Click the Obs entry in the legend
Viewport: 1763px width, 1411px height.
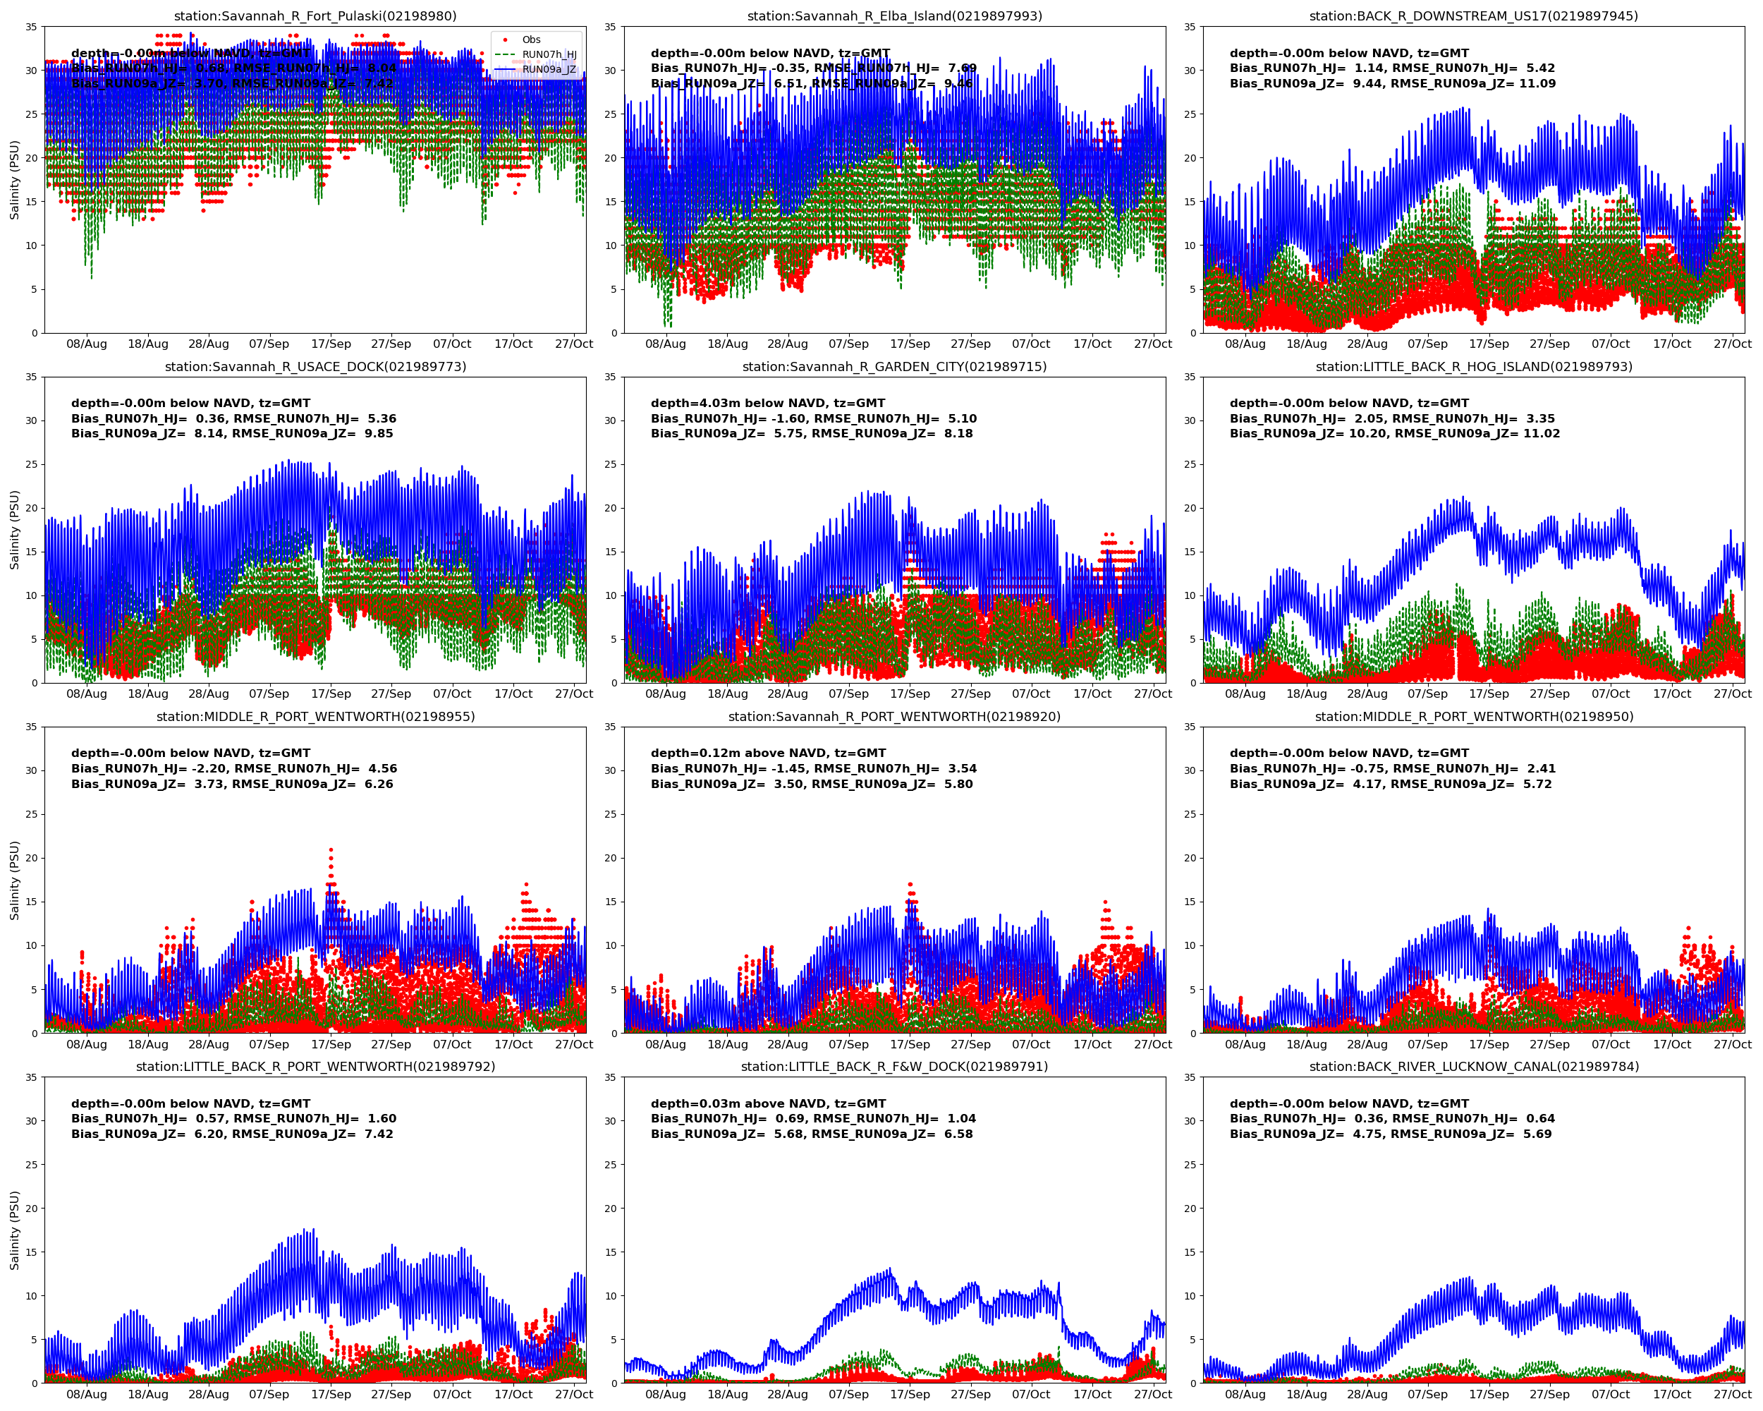[531, 40]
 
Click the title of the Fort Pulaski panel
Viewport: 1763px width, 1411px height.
[315, 16]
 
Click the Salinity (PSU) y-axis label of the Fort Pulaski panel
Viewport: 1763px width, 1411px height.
[14, 180]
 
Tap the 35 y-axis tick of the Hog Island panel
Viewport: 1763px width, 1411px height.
[1190, 377]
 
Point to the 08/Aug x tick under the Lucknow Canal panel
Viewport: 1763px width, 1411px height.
[1245, 1395]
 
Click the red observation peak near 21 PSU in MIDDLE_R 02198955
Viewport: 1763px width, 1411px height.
[331, 852]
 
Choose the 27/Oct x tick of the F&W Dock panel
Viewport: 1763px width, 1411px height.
[1152, 1395]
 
